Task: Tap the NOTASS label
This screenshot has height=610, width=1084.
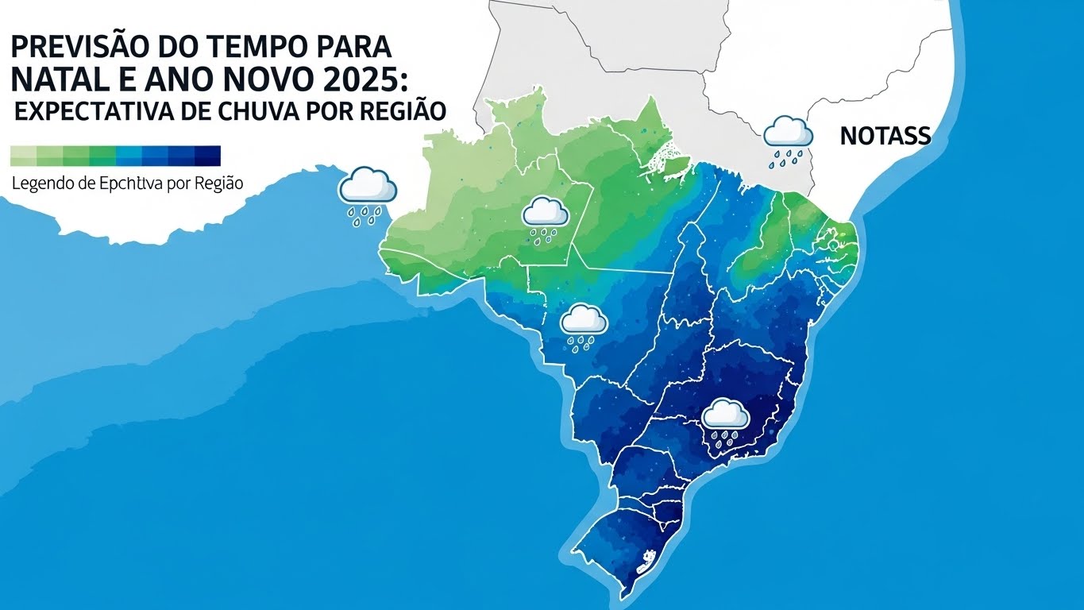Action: (885, 136)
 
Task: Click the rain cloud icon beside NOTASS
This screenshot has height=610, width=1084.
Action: (787, 140)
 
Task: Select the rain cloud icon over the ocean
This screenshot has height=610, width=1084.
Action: (367, 194)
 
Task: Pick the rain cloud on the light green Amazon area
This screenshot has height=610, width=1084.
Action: (545, 218)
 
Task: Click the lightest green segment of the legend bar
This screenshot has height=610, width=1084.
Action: (24, 155)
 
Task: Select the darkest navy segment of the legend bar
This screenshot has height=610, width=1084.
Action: (207, 155)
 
